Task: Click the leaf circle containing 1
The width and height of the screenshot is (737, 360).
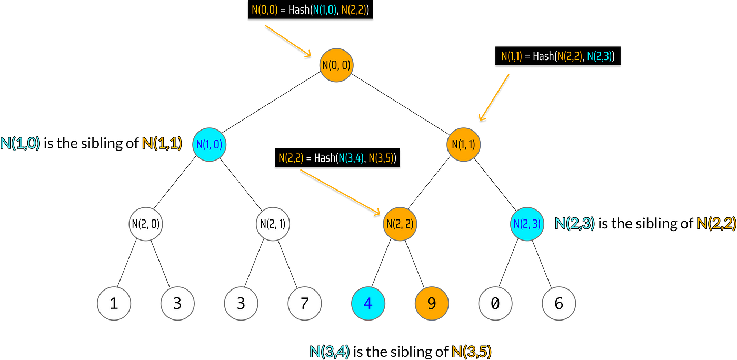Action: click(x=114, y=304)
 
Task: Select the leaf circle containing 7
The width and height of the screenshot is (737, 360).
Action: click(x=304, y=304)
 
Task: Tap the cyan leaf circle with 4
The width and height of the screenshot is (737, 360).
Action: click(x=368, y=304)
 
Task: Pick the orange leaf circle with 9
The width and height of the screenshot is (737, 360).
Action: click(x=432, y=304)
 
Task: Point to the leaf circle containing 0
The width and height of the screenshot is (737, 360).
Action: click(x=495, y=304)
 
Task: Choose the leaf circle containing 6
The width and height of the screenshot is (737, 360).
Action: click(x=559, y=304)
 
